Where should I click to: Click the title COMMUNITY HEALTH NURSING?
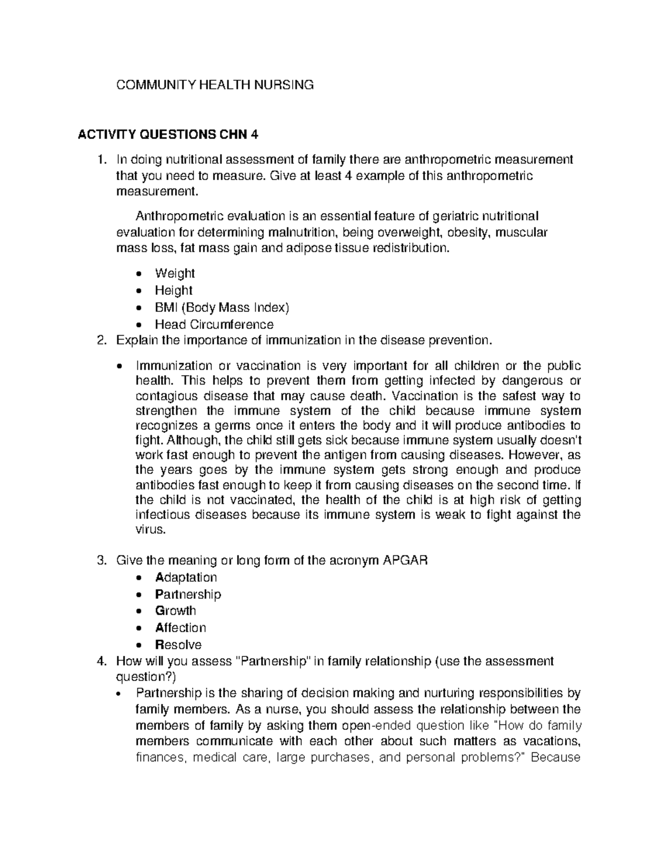tap(214, 85)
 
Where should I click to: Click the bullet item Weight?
tap(175, 273)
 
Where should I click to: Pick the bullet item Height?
tap(174, 290)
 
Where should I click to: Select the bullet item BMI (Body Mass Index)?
tap(222, 307)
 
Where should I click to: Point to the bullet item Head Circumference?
tap(214, 324)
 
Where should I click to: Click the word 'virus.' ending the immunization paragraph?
tap(150, 530)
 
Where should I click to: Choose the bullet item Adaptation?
tap(186, 577)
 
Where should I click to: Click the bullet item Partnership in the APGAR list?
tap(188, 594)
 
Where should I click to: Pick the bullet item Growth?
tap(176, 611)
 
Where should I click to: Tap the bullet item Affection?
tap(181, 628)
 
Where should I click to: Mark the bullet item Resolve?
tap(178, 645)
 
